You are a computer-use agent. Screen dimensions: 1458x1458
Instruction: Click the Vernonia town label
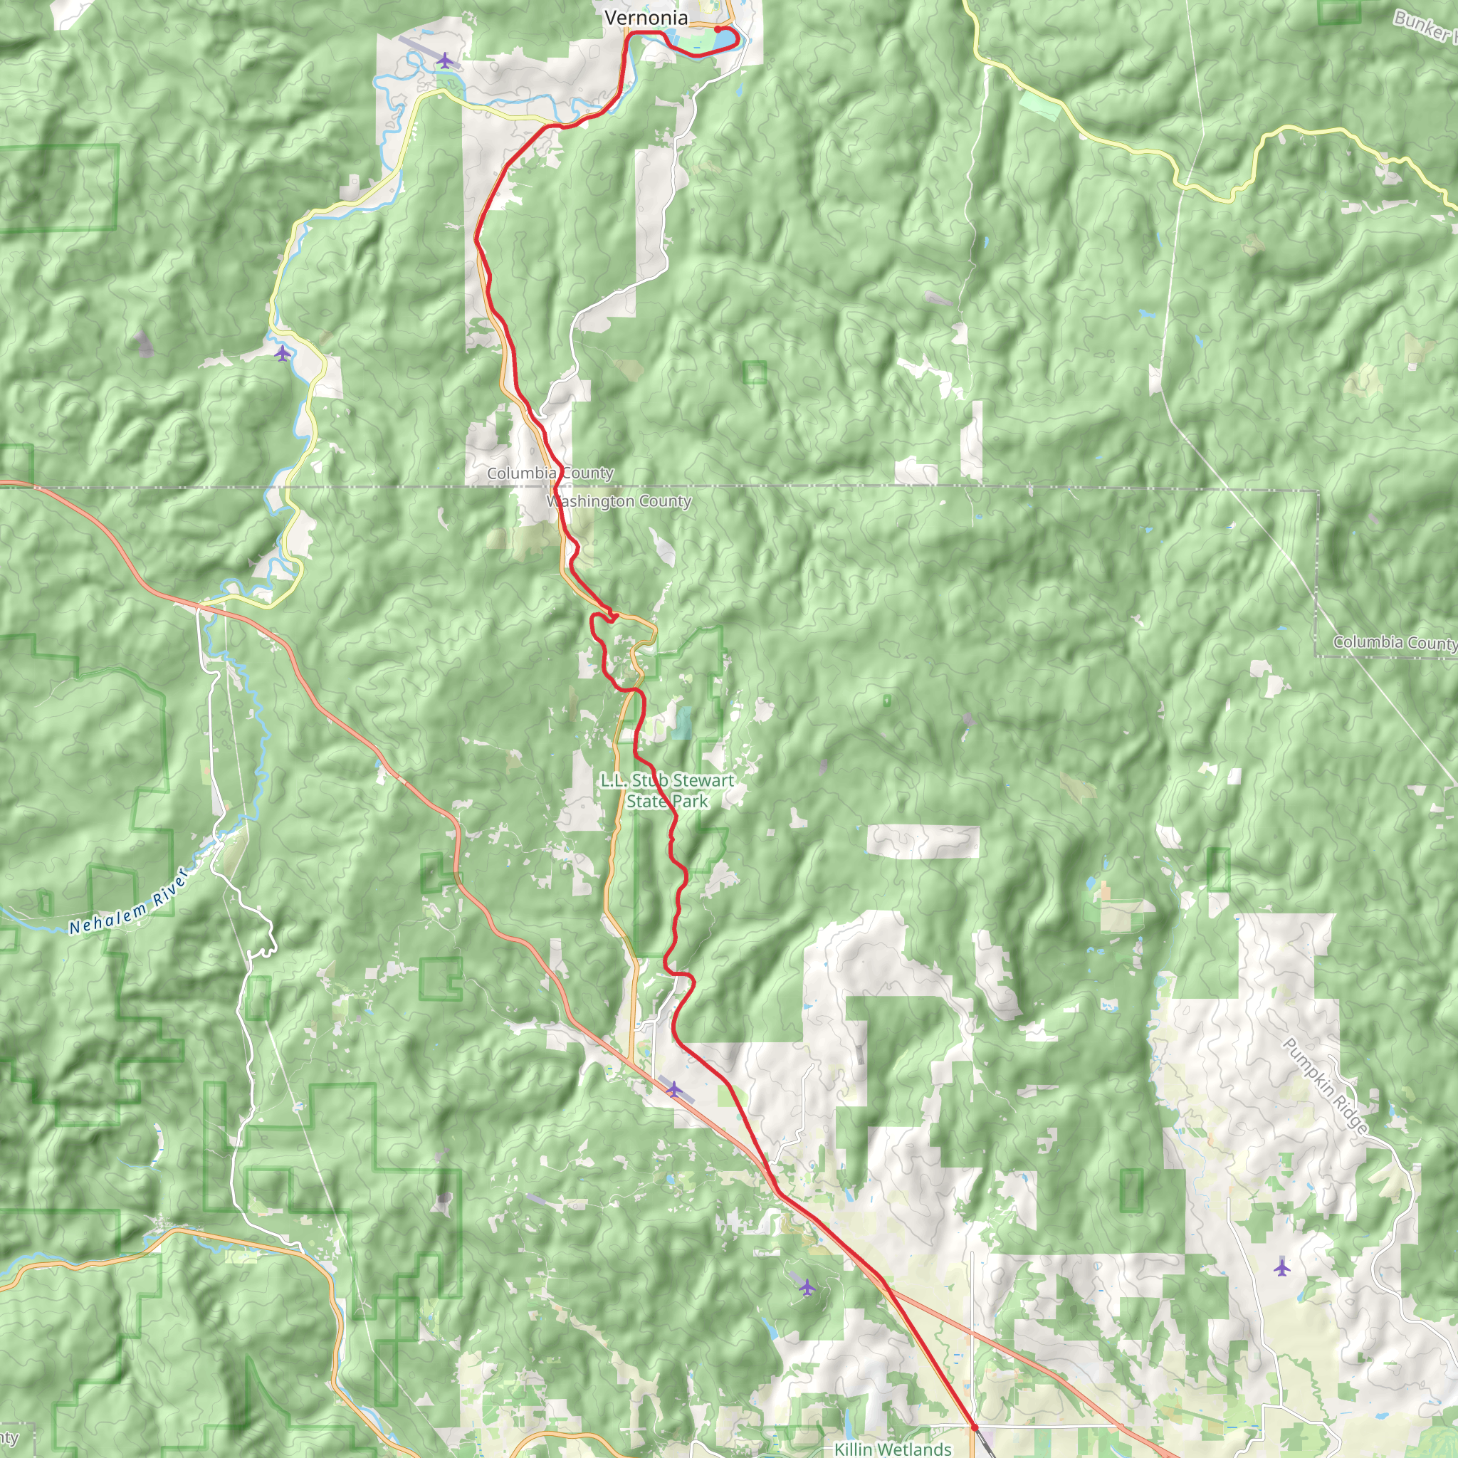pyautogui.click(x=646, y=17)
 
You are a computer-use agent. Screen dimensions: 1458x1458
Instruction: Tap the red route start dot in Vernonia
pyautogui.click(x=718, y=30)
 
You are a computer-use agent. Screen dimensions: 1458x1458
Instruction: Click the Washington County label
pyautogui.click(x=619, y=501)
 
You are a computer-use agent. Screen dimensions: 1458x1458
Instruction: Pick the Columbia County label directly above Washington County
pyautogui.click(x=550, y=473)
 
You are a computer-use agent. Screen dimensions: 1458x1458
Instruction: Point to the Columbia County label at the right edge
pyautogui.click(x=1395, y=642)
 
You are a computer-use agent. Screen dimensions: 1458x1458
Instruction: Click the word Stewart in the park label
pyautogui.click(x=703, y=780)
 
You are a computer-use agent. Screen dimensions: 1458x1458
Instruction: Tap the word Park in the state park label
pyautogui.click(x=690, y=801)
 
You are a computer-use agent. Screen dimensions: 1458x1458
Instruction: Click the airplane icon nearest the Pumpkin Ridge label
pyautogui.click(x=1282, y=1267)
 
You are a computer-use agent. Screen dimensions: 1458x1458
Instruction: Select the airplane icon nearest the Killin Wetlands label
pyautogui.click(x=807, y=1286)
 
